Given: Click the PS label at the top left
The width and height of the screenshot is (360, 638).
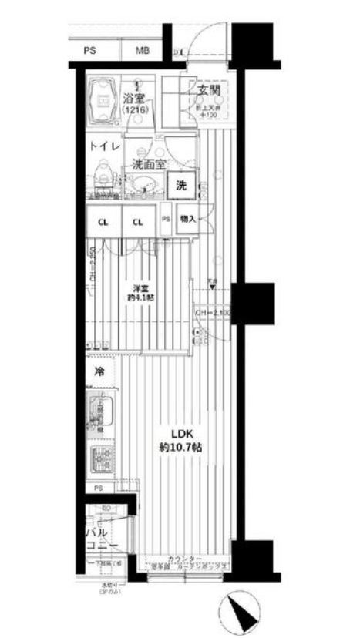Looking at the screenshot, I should point(90,51).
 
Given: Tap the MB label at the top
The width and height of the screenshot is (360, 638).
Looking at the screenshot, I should point(143,51).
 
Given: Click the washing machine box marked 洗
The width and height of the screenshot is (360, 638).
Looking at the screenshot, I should point(181,185).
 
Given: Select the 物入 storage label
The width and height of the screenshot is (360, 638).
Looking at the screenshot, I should point(188,220).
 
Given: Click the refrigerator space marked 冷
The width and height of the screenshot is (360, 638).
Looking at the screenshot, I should point(99,371).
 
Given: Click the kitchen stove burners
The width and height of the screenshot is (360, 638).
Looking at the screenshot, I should point(101,460).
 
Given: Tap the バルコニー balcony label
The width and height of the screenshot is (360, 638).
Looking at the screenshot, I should point(101,539).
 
